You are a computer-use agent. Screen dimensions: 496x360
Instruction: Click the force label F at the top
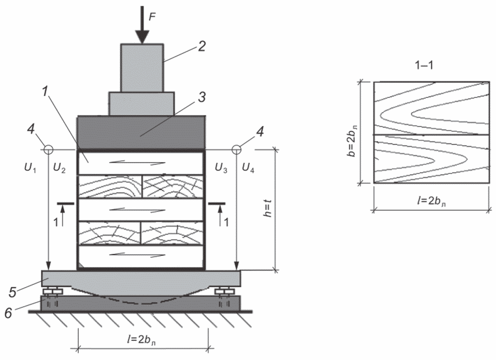152,17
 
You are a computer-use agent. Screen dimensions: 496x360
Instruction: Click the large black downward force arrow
142,25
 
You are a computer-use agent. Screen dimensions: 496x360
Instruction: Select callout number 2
202,46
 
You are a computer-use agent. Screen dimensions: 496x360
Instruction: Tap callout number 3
202,97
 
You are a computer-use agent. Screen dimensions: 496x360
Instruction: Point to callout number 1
45,91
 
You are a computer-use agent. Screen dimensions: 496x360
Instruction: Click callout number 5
12,292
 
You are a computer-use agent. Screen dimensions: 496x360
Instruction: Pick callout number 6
8,313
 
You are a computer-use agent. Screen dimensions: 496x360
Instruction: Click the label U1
30,168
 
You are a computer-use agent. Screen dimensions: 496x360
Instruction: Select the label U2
59,168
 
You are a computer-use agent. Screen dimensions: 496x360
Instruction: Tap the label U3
221,168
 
